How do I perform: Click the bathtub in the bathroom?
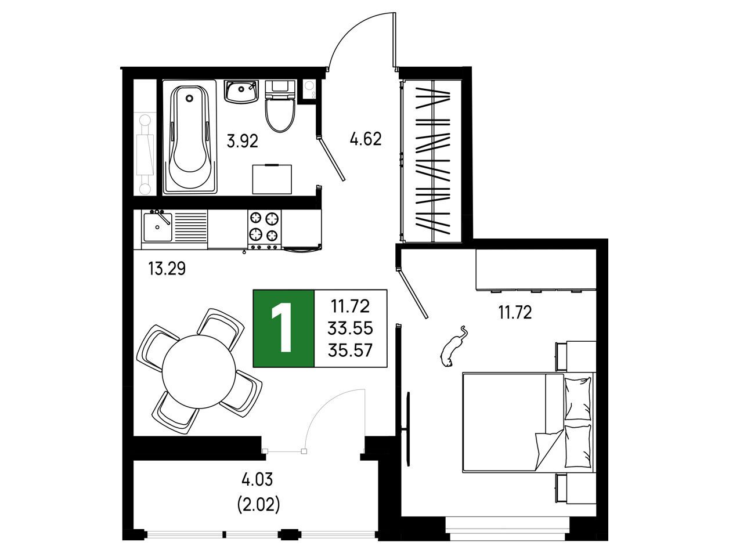coord(190,137)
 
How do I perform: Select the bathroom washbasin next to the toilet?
coord(241,91)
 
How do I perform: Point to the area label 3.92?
coord(243,142)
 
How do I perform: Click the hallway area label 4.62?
coord(366,139)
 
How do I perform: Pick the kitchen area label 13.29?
coord(167,269)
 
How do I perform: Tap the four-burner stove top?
coord(264,230)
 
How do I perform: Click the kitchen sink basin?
coord(158,227)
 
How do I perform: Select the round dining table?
coord(199,372)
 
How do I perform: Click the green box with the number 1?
coord(284,328)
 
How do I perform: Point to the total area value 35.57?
coord(351,350)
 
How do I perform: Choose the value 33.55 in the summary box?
coord(351,328)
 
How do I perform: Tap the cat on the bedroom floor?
coord(453,347)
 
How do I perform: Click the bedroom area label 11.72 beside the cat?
coord(515,313)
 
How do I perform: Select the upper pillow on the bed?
coord(578,399)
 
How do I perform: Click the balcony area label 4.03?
coord(257,480)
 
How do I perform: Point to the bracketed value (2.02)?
coord(259,505)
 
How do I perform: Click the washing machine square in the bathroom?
coord(272,179)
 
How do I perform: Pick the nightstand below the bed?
coord(576,489)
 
